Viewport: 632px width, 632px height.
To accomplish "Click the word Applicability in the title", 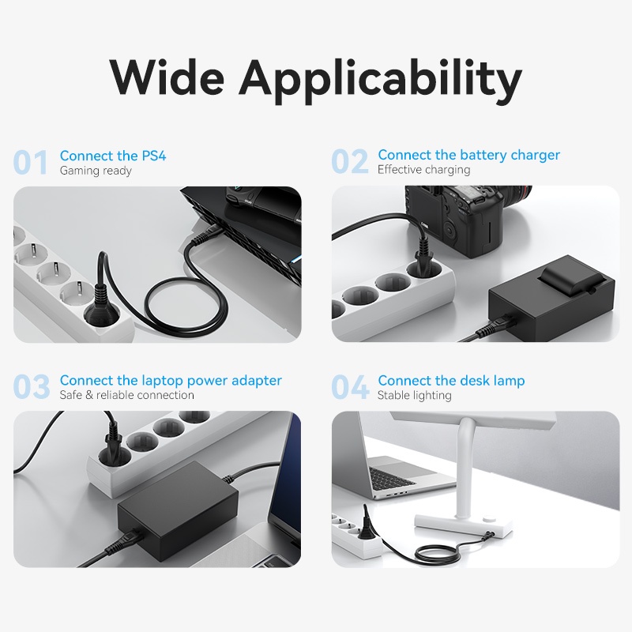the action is coord(380,80).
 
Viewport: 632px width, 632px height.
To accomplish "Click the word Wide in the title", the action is coord(166,76).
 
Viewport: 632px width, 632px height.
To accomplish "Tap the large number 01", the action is coord(31,162).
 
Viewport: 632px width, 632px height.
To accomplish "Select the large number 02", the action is coord(350,161).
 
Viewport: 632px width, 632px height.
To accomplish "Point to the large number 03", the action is coord(32,386).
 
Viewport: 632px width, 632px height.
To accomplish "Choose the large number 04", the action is coord(350,386).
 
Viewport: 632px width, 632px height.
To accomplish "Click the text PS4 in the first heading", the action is coord(153,156).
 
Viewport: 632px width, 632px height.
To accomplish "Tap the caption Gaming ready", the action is coord(96,171).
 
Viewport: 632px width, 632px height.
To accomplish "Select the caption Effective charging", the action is coord(423,170).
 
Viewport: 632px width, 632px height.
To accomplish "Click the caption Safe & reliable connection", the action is coord(126,395).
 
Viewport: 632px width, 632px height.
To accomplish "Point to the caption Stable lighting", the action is coord(414,396).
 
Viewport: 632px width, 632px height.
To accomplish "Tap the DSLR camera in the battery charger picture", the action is coord(464,220).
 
